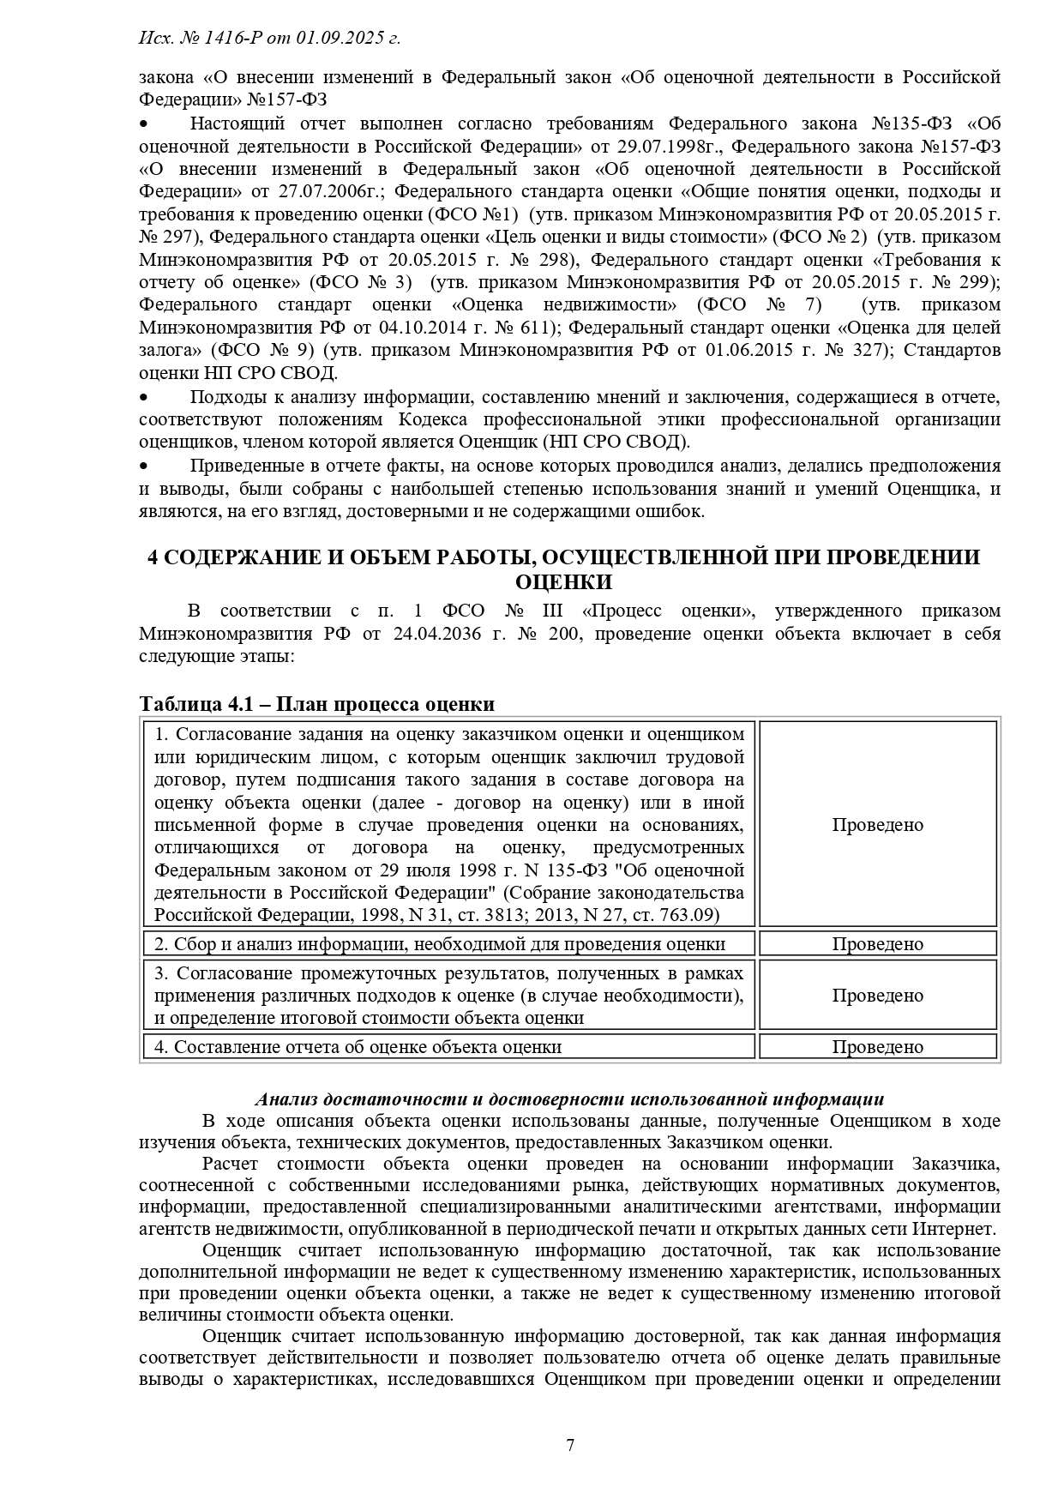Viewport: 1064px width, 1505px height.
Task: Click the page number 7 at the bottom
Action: pyautogui.click(x=570, y=1445)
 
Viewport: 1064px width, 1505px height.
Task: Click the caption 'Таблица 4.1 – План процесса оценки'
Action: pyautogui.click(x=317, y=704)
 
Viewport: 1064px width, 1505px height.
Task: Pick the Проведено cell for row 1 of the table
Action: pyautogui.click(x=877, y=825)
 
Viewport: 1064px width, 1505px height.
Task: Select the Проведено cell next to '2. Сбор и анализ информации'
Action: pyautogui.click(x=877, y=944)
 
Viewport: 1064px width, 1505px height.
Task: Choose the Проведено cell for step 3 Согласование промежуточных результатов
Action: pyautogui.click(x=877, y=996)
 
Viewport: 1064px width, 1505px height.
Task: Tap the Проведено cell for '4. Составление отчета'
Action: pyautogui.click(x=877, y=1047)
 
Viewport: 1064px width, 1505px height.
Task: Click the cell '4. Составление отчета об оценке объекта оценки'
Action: pyautogui.click(x=358, y=1047)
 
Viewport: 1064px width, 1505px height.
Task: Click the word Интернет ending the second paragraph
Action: pyautogui.click(x=956, y=1229)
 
